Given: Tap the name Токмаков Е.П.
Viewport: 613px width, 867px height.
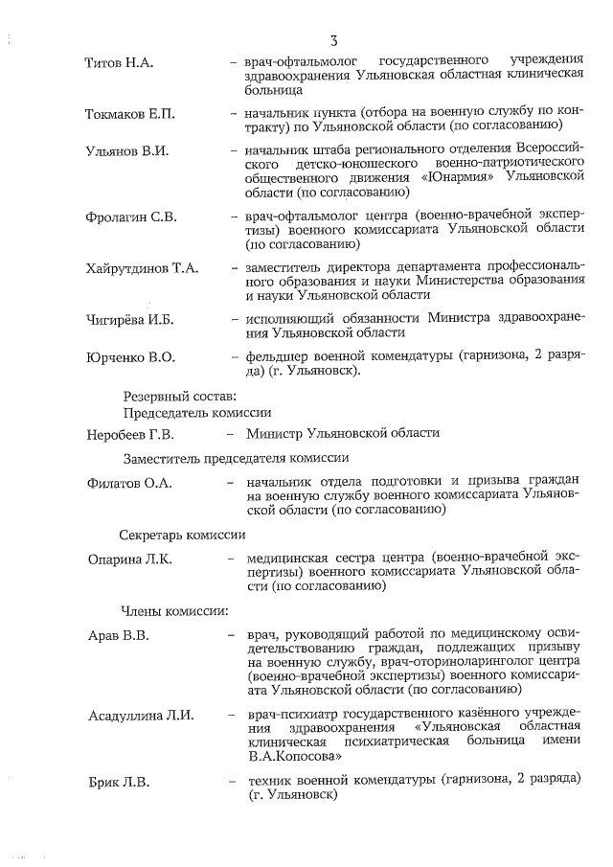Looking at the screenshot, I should click(130, 114).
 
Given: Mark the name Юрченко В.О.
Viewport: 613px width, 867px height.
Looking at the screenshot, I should click(130, 357).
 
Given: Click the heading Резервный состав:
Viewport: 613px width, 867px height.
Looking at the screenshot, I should click(179, 396).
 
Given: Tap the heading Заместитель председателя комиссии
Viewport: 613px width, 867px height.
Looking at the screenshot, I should click(234, 458).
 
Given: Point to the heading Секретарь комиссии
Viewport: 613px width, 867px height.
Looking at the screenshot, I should click(183, 535).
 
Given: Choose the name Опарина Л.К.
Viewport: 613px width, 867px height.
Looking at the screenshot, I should click(129, 559).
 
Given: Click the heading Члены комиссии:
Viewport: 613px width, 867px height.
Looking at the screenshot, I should click(173, 609).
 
